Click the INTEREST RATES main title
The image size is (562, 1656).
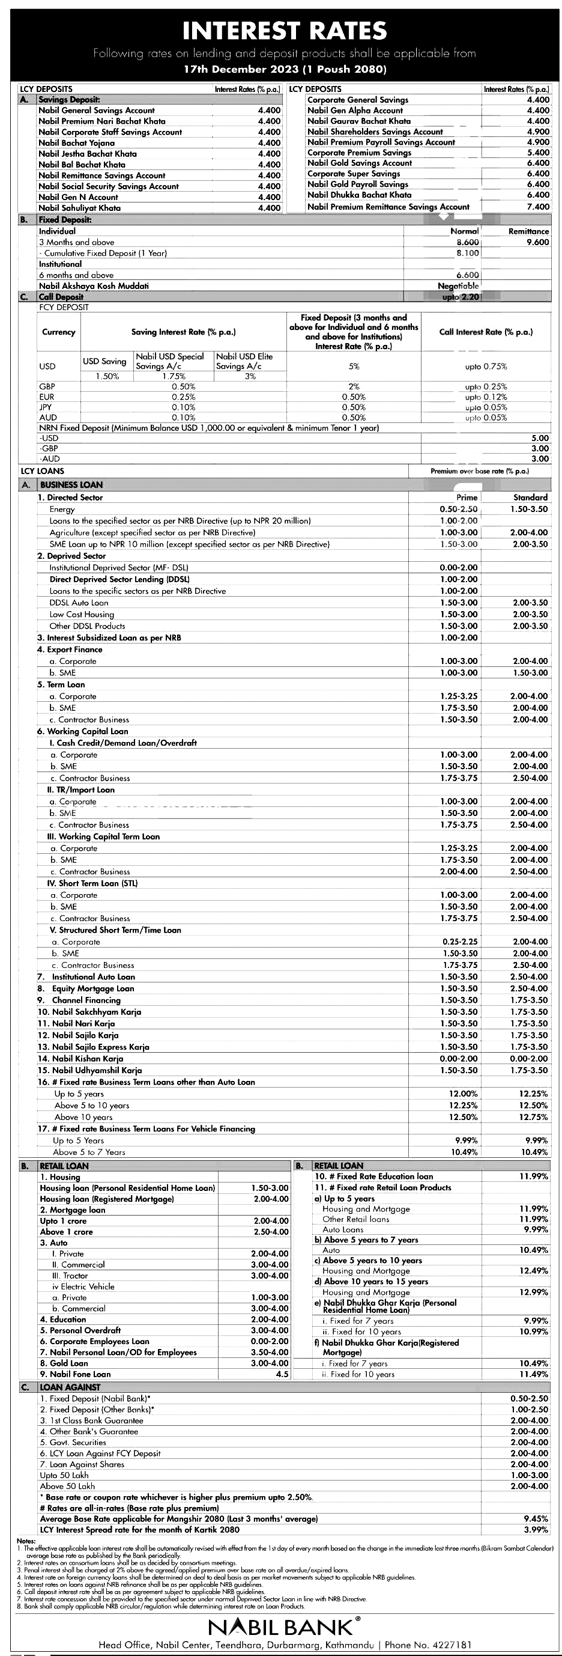pyautogui.click(x=285, y=31)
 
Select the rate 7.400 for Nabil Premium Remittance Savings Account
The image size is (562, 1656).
pyautogui.click(x=537, y=207)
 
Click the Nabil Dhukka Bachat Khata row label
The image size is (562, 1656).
pyautogui.click(x=359, y=195)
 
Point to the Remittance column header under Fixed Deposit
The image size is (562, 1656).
pyautogui.click(x=528, y=231)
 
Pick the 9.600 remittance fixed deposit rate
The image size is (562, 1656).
pyautogui.click(x=537, y=242)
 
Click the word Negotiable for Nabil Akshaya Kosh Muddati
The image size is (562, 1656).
pyautogui.click(x=458, y=286)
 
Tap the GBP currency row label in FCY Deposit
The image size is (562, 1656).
pyautogui.click(x=47, y=387)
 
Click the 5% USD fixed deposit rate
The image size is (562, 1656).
pyautogui.click(x=354, y=367)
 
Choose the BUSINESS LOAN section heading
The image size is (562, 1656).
pyautogui.click(x=71, y=485)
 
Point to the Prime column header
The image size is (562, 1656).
pyautogui.click(x=467, y=498)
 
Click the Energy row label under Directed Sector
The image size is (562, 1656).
pyautogui.click(x=62, y=509)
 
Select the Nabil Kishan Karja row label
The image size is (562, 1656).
pyautogui.click(x=80, y=1059)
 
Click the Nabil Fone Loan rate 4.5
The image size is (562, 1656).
pyautogui.click(x=282, y=1374)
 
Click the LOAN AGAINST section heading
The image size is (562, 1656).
pyautogui.click(x=70, y=1387)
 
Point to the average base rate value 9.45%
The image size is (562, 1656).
pyautogui.click(x=536, y=1519)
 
